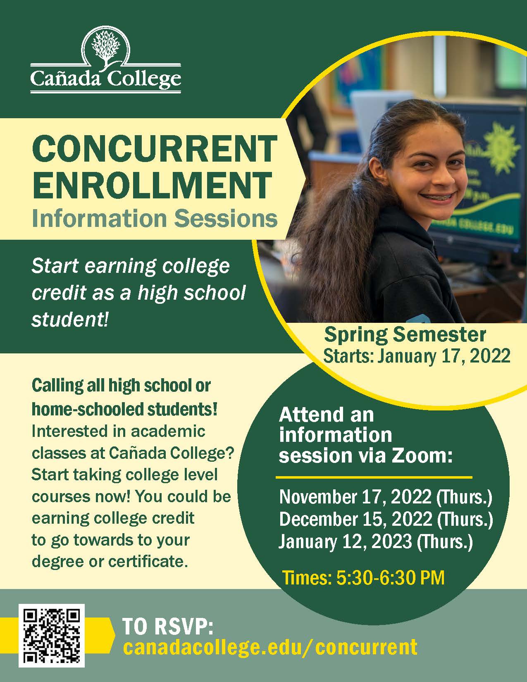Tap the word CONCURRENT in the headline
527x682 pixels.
click(x=154, y=149)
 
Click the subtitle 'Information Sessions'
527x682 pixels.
click(x=155, y=218)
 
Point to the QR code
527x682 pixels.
click(x=52, y=634)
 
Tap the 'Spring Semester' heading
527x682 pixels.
click(x=405, y=335)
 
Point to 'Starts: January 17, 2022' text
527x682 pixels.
click(x=417, y=355)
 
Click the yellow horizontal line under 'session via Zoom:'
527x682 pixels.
click(x=374, y=477)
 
